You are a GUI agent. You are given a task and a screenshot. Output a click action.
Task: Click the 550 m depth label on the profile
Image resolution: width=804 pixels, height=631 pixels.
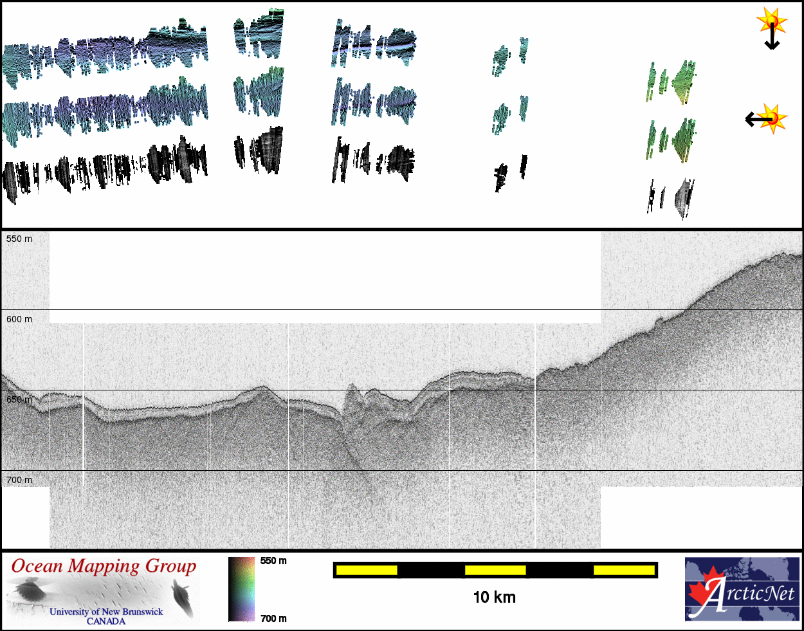point(19,239)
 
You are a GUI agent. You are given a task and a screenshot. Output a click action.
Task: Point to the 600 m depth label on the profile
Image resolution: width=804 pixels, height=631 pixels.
point(19,319)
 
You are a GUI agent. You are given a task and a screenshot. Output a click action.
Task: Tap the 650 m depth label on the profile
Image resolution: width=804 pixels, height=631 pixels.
point(19,399)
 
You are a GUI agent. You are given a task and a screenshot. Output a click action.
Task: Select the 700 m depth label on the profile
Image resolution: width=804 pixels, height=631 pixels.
point(19,480)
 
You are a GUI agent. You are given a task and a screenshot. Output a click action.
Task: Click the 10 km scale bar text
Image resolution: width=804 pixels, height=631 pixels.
point(495,598)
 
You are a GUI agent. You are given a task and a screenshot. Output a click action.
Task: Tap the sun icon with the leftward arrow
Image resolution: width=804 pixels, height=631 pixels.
point(766,119)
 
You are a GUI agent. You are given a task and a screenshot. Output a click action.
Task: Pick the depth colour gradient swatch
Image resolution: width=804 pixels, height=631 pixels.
point(242,589)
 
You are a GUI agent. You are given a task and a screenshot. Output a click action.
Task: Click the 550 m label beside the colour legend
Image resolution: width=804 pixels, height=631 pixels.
point(273,561)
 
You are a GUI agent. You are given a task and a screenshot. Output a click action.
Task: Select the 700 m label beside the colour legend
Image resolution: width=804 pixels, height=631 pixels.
point(273,618)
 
